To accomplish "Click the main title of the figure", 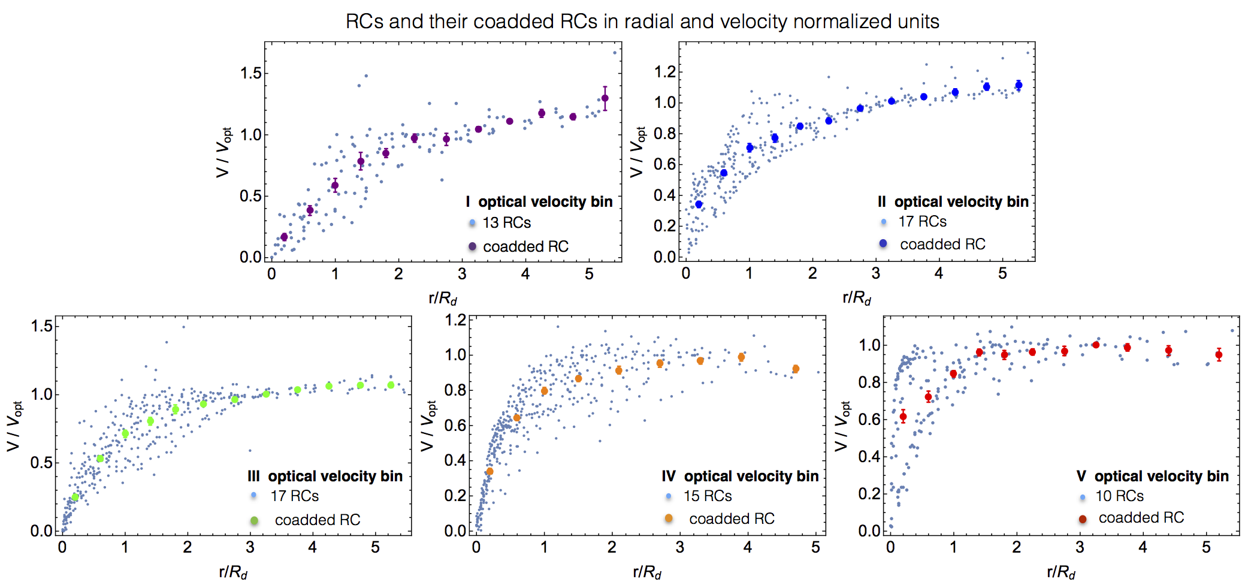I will [642, 22].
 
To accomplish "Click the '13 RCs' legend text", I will [506, 223].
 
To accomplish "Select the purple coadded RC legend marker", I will [472, 246].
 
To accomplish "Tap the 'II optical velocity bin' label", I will [953, 202].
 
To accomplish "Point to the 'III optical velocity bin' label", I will [325, 477].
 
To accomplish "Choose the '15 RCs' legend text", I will [708, 496].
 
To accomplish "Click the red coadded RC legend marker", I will [1083, 519].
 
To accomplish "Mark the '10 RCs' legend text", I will [1119, 496].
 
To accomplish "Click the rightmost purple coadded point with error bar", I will [605, 98].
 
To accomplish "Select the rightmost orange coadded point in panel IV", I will [796, 369].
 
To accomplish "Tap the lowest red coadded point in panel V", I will [903, 417].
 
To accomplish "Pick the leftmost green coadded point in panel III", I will [75, 497].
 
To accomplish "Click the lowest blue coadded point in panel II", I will [699, 204].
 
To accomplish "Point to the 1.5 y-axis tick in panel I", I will [251, 74].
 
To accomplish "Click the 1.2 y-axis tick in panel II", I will [665, 72].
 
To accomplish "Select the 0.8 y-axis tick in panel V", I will [869, 382].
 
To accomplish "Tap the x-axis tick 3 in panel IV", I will [679, 548].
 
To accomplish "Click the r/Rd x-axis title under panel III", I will [233, 573].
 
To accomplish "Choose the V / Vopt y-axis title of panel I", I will [223, 152].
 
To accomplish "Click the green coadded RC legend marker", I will [254, 520].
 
